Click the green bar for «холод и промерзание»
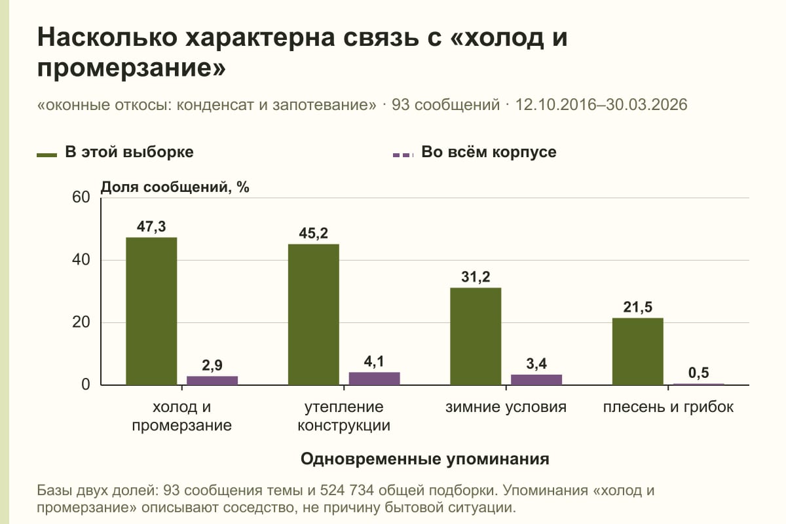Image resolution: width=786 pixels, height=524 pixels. pos(151,311)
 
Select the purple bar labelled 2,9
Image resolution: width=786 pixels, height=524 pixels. pos(212,381)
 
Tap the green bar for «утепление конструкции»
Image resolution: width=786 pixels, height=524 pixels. pos(314,314)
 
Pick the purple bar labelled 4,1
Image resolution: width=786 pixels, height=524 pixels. pos(374,379)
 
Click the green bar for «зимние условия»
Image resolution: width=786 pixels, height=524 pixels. pos(476,336)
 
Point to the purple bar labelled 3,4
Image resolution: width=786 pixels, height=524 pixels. pos(536,380)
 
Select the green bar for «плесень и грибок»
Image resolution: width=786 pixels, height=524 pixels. pos(637,351)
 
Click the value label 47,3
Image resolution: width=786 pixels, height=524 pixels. pos(151,227)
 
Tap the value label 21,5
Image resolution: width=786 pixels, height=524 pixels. pos(637,307)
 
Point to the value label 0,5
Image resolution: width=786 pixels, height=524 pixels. pos(698,373)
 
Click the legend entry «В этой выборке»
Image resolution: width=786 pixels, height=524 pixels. pos(115,153)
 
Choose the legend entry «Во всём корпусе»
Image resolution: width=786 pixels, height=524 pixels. pos(474,153)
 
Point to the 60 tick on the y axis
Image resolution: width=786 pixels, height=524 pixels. pos(81,197)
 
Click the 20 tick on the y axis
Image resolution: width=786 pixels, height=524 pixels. pos(81,322)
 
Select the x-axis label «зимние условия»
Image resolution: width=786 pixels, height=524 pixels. pos(506,407)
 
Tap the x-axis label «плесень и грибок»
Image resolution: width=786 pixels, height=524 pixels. pos(668,407)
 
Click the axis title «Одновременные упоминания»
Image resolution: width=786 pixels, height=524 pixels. pos(425,459)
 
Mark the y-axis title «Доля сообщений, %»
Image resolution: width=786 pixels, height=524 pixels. pos(175,187)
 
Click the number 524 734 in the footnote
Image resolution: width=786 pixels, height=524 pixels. pos(346,491)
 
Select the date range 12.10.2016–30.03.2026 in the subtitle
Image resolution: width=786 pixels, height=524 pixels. pos(601,105)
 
